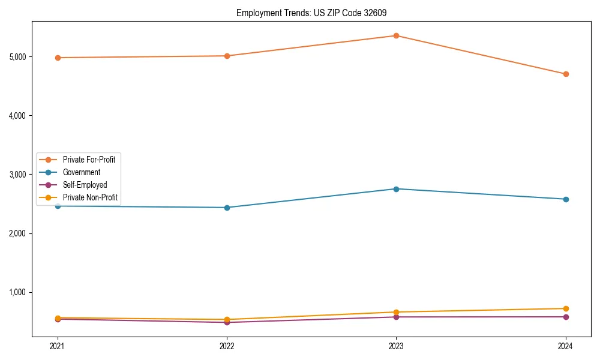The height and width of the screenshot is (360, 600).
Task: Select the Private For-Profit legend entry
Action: pos(89,160)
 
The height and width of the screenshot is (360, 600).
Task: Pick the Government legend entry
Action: pos(82,172)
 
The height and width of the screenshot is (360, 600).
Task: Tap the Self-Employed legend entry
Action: pos(85,185)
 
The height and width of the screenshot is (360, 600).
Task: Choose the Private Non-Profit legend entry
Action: pos(90,197)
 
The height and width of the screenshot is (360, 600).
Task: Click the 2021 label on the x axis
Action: pos(58,346)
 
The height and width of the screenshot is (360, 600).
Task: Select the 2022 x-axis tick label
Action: pos(227,346)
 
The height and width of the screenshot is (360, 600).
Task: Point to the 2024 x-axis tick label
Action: pos(566,346)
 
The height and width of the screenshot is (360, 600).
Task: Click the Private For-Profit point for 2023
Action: pos(396,35)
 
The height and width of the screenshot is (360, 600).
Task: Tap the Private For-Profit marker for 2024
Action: pos(566,74)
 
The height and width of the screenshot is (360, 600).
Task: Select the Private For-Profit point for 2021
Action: pos(58,58)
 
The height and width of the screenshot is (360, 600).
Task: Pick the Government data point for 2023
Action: pos(396,189)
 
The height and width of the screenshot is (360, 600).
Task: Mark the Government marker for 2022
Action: pos(227,208)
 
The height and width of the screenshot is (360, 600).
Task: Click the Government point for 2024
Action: pos(566,199)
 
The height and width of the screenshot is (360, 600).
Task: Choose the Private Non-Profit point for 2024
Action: pos(566,308)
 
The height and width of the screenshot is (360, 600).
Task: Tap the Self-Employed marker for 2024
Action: pos(566,317)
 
